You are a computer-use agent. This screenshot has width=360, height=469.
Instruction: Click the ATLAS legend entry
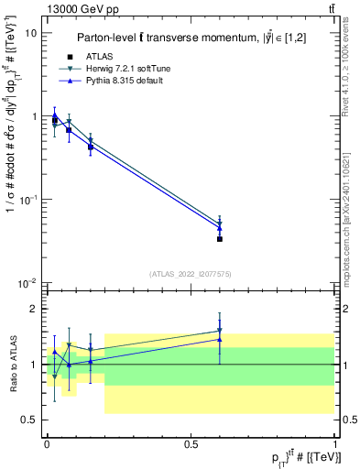click(x=101, y=58)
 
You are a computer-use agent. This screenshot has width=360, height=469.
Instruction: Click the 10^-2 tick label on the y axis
click(x=28, y=283)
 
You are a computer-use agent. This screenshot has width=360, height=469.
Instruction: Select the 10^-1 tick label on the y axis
click(x=28, y=200)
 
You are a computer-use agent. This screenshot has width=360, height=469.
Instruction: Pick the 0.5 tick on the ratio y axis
click(x=29, y=420)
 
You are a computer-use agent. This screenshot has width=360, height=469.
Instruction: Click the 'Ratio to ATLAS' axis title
click(x=11, y=365)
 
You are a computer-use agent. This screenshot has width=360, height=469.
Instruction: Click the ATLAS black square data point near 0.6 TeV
click(x=220, y=239)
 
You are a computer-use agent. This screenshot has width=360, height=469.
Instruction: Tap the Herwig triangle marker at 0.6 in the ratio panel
click(x=220, y=331)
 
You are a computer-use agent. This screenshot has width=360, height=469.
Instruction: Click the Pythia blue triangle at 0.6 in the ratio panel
click(x=220, y=340)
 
